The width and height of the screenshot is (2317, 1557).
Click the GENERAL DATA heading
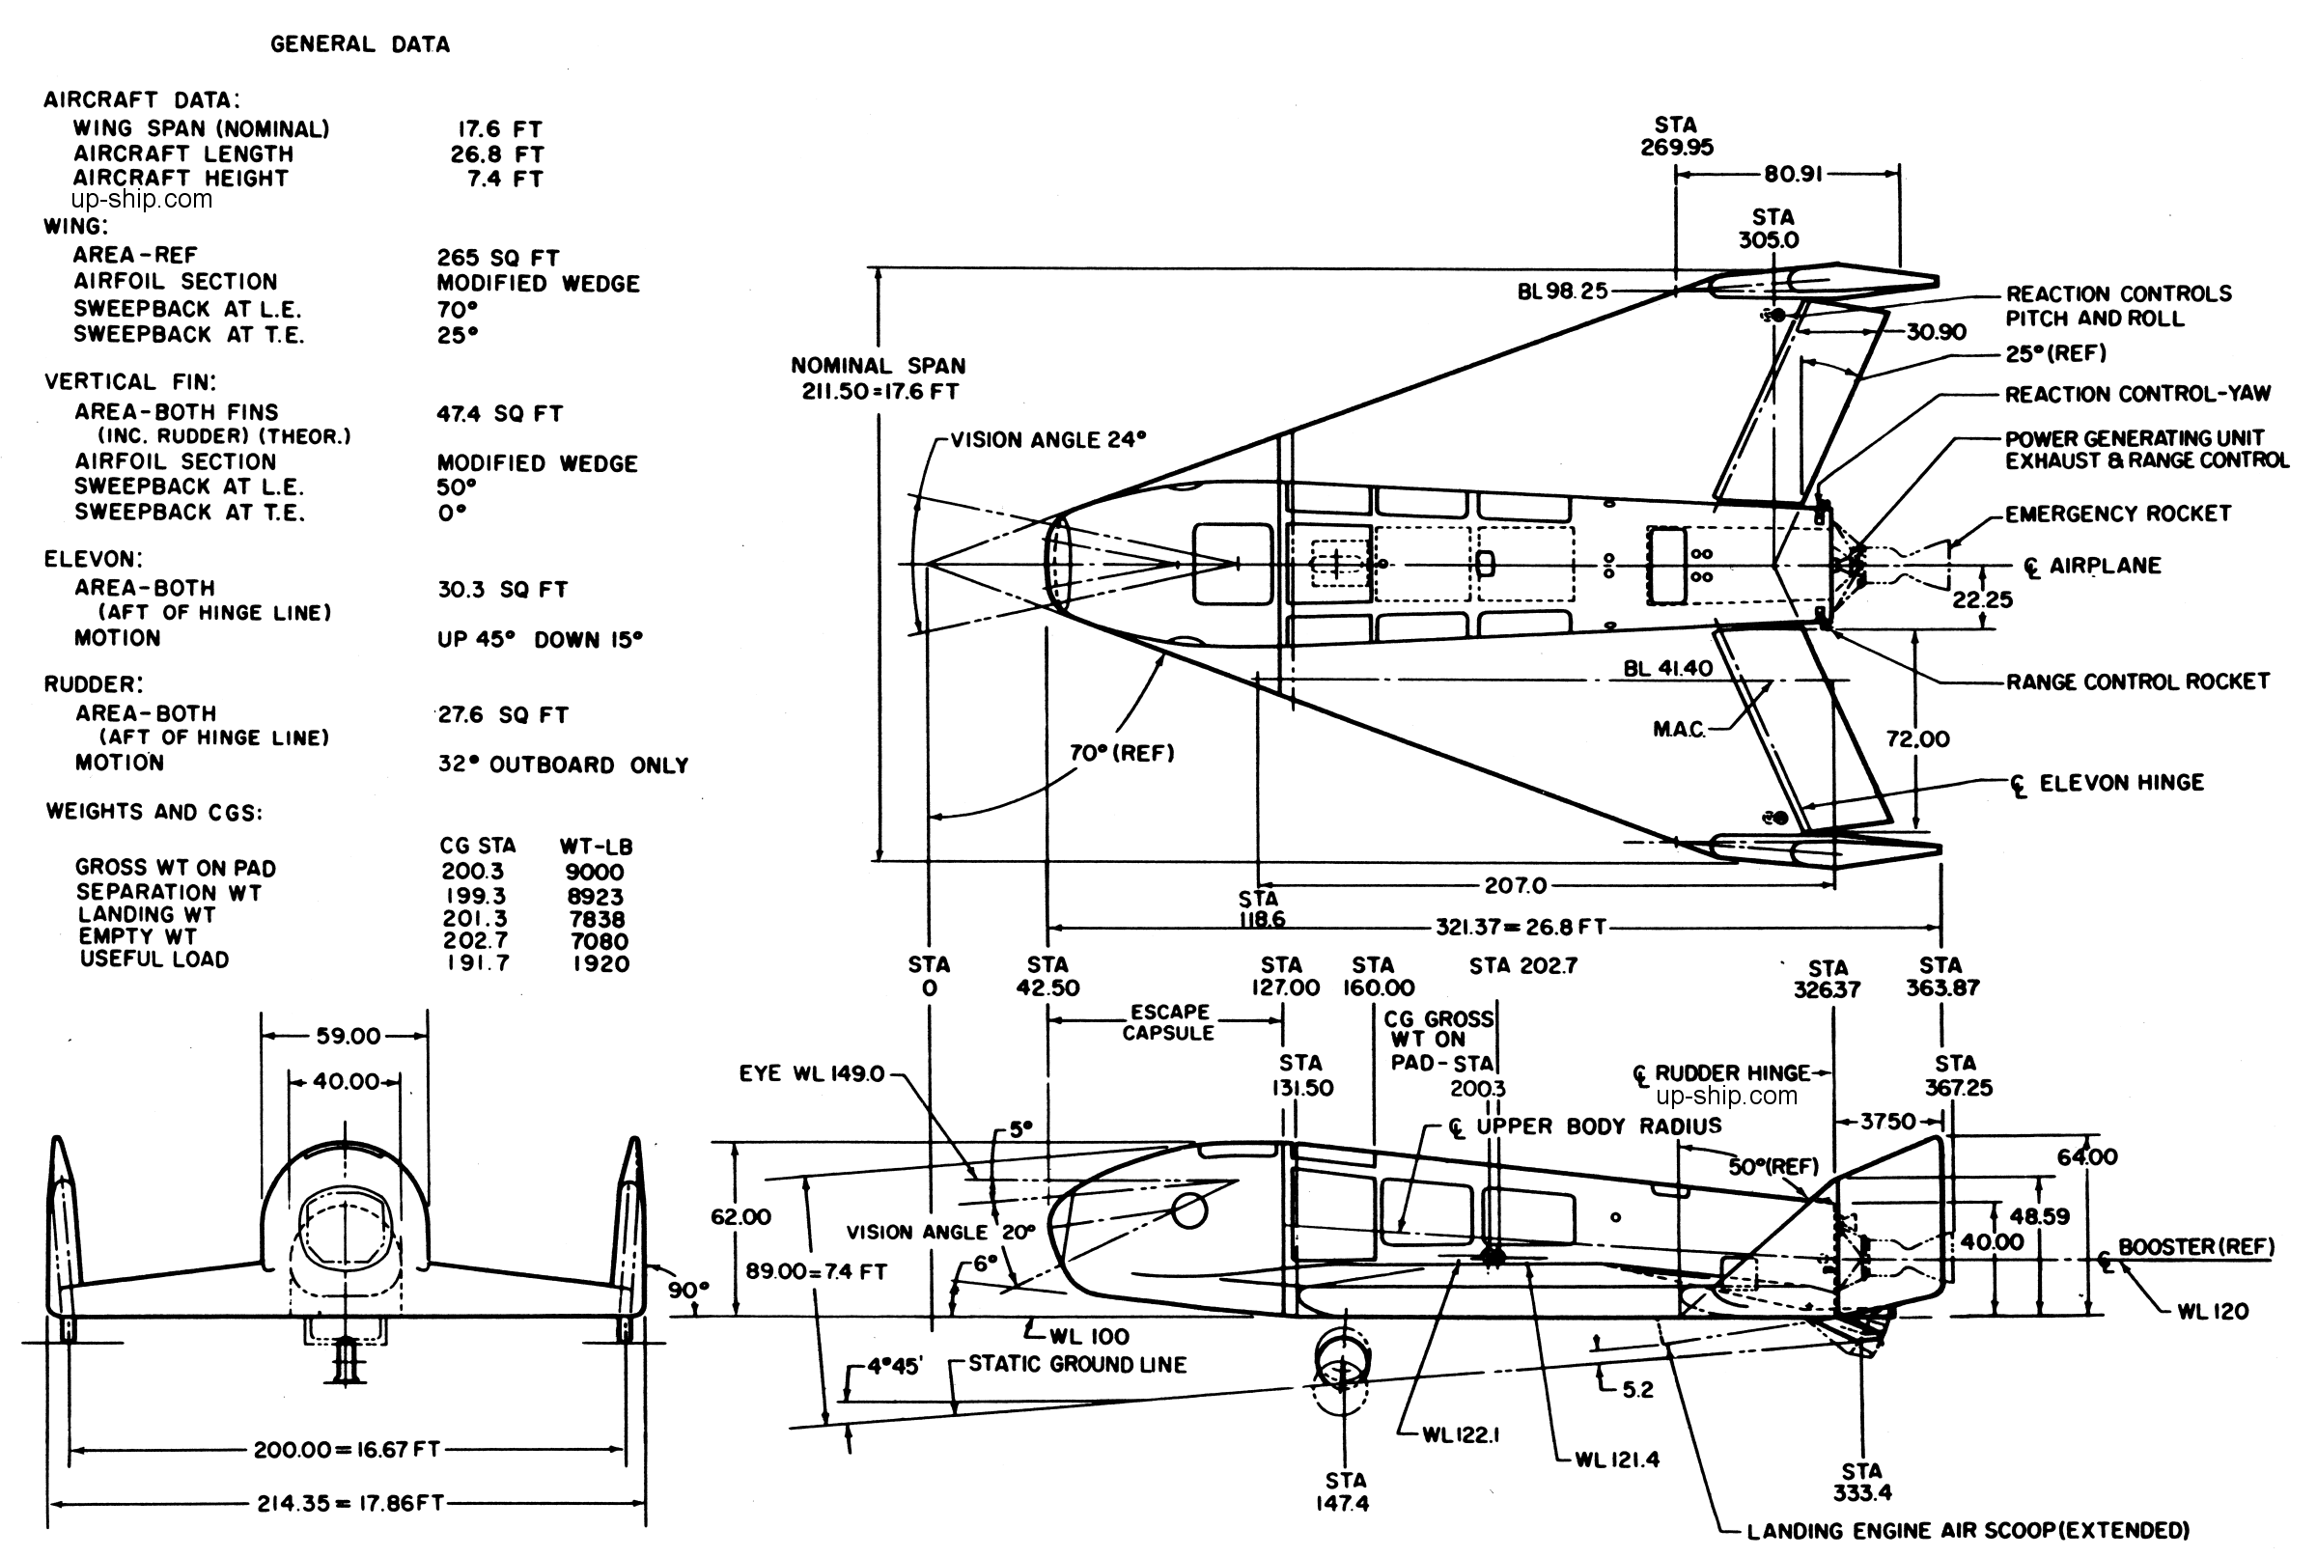[359, 44]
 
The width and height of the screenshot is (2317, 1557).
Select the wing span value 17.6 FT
[499, 129]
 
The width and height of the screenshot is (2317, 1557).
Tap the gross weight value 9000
[595, 873]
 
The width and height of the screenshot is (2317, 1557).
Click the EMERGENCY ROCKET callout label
[2117, 514]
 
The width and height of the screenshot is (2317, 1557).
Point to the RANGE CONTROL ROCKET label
[2137, 682]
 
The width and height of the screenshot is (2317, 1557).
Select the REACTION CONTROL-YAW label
[2137, 394]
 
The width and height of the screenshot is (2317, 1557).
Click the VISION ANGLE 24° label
[1047, 440]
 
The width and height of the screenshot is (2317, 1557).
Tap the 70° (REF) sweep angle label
[1121, 754]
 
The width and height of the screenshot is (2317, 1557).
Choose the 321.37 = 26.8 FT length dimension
[1521, 928]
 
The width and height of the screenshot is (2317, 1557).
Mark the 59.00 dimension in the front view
[348, 1037]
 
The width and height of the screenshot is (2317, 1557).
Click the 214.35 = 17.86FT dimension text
[350, 1503]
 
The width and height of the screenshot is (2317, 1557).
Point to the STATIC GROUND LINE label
[1077, 1364]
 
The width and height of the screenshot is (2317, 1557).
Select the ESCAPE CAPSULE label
[1169, 1023]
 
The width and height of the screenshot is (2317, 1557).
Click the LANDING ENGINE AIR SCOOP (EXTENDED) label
[1968, 1531]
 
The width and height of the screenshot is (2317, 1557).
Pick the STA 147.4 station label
[1343, 1492]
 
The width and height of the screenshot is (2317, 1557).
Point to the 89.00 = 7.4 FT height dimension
[817, 1272]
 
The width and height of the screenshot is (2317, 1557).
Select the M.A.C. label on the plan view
[1680, 730]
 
